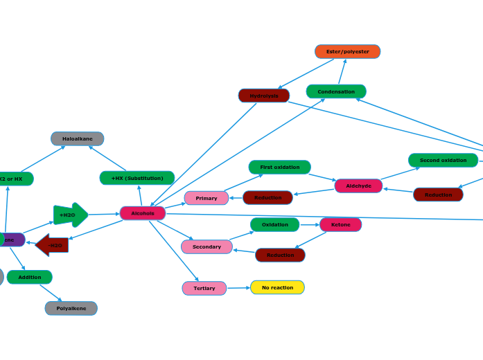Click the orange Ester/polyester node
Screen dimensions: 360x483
347,52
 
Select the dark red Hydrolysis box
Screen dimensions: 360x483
264,96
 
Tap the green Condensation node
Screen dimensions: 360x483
336,91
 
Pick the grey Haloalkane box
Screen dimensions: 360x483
78,138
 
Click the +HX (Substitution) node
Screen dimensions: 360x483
137,178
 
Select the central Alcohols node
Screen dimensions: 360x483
143,213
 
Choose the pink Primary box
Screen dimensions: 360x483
207,198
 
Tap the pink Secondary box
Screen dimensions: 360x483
207,246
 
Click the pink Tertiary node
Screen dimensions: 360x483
204,288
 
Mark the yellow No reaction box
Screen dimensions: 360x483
277,287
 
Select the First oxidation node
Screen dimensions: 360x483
280,167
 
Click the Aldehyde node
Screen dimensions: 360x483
358,186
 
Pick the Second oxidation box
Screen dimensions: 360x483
443,160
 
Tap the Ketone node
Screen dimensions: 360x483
340,224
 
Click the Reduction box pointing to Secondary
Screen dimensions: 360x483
280,255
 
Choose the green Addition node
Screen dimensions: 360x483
30,277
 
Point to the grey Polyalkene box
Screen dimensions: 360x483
71,308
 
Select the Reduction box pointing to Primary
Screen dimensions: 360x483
267,197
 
